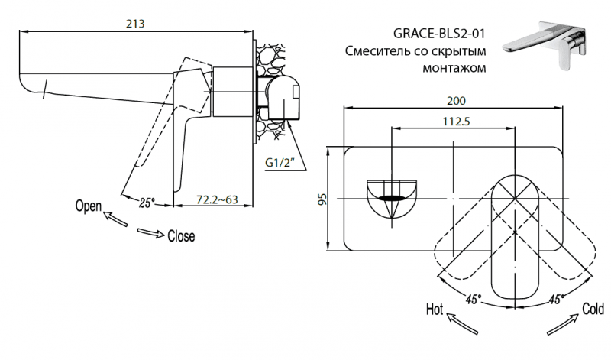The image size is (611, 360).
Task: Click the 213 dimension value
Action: tap(137, 24)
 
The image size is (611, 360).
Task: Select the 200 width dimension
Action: tap(455, 101)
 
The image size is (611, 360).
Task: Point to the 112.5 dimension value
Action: tap(454, 121)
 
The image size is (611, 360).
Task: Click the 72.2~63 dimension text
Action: tap(216, 200)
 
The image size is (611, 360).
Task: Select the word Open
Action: tap(89, 206)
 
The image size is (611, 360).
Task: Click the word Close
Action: tap(180, 236)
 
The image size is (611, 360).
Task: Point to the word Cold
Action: tap(593, 309)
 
